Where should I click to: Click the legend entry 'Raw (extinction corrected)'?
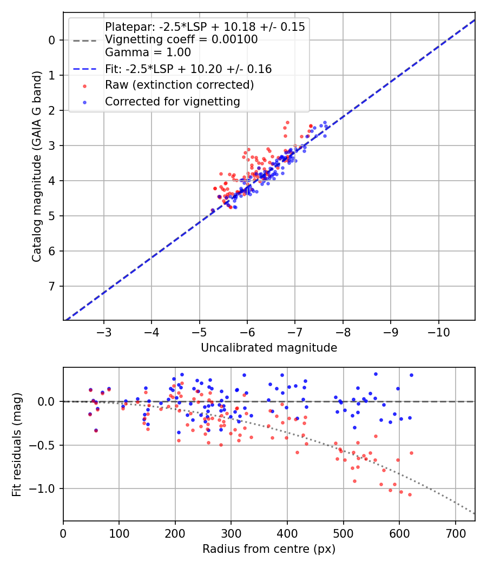(x=179, y=85)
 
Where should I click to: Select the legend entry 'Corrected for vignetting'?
(x=173, y=101)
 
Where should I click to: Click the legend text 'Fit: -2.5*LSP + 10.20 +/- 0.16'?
(x=188, y=69)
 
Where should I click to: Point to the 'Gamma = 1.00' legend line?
(x=148, y=52)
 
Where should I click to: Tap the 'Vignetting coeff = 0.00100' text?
(x=181, y=39)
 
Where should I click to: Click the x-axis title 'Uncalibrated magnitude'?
(x=269, y=348)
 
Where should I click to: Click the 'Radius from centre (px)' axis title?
(x=269, y=549)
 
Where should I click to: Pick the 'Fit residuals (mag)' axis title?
(x=17, y=445)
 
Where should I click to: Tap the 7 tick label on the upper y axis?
(x=51, y=286)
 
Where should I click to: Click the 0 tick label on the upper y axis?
(x=51, y=40)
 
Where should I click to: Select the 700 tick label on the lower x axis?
(x=455, y=533)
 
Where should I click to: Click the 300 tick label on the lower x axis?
(x=231, y=533)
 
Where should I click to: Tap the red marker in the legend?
(x=84, y=85)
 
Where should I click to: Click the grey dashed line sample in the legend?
(x=84, y=40)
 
